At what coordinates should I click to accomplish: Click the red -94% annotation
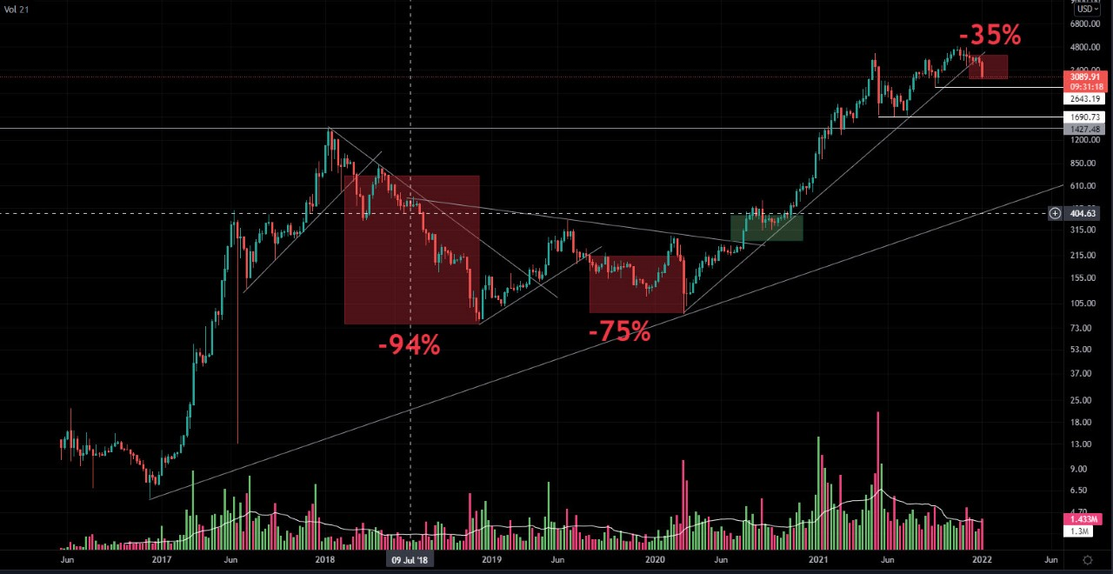tap(409, 346)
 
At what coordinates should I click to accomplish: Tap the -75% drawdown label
tap(619, 331)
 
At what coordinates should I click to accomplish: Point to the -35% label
tap(990, 36)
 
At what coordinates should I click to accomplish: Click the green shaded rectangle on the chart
tap(766, 228)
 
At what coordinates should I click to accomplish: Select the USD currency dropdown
tap(1088, 9)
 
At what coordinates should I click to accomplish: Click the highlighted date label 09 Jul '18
tap(410, 560)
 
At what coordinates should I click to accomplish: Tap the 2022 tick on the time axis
tap(982, 560)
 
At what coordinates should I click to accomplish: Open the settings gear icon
tap(1087, 560)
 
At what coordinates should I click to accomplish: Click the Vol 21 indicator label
tap(17, 9)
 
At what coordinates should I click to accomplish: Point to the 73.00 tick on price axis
tap(1082, 327)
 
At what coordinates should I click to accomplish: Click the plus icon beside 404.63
tap(1055, 213)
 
